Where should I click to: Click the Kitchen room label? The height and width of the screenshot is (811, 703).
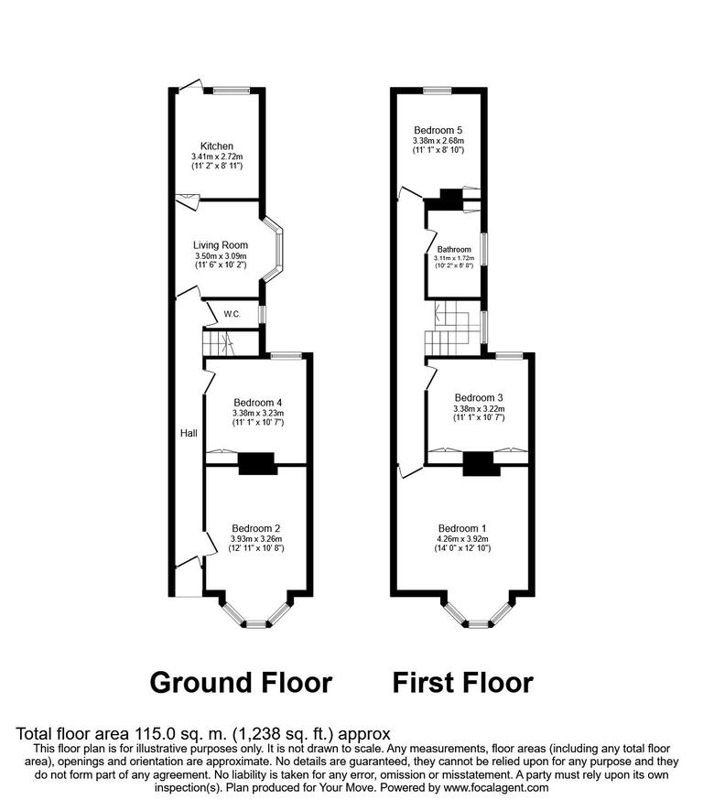pyautogui.click(x=217, y=146)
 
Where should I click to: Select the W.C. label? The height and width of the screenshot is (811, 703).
pyautogui.click(x=233, y=315)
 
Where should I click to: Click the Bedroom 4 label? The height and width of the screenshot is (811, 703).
pyautogui.click(x=257, y=403)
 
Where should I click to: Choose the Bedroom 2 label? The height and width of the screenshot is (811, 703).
pyautogui.click(x=256, y=528)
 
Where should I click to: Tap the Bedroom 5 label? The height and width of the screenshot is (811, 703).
pyautogui.click(x=438, y=130)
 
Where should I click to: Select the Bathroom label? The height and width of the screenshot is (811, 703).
pyautogui.click(x=453, y=249)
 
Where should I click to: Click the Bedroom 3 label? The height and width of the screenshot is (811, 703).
pyautogui.click(x=479, y=397)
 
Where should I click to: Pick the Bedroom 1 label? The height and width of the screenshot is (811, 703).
pyautogui.click(x=463, y=528)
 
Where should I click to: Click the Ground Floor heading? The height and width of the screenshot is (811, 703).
pyautogui.click(x=240, y=682)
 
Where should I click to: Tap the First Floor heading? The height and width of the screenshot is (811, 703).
pyautogui.click(x=462, y=682)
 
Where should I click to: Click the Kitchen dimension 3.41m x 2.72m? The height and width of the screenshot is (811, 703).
pyautogui.click(x=217, y=157)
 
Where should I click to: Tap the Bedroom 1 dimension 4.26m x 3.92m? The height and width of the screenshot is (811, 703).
pyautogui.click(x=463, y=539)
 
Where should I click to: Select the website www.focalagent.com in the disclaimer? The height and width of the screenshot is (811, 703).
pyautogui.click(x=495, y=787)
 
